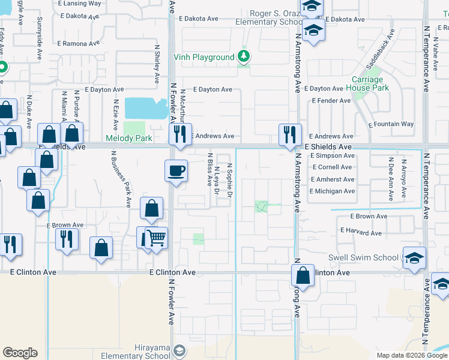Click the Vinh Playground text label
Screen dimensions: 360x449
203,58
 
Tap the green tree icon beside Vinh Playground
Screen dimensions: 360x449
244,57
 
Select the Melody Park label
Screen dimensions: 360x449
128,139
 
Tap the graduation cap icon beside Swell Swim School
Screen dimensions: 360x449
414,258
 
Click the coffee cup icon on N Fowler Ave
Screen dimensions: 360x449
176,170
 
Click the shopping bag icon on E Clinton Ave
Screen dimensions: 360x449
303,275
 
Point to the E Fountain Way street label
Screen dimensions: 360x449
391,124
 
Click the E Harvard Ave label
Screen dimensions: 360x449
361,232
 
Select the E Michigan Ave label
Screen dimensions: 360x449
332,191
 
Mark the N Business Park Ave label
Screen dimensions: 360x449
121,179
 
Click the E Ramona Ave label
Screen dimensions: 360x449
79,44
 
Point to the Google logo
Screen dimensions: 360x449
20,353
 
